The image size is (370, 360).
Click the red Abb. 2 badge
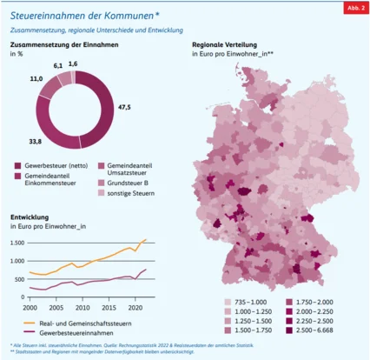354,9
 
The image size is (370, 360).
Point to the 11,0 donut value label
36,78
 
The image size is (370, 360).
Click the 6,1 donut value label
59,65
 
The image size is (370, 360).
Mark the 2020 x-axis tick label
135,308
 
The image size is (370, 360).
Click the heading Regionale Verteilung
233,44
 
